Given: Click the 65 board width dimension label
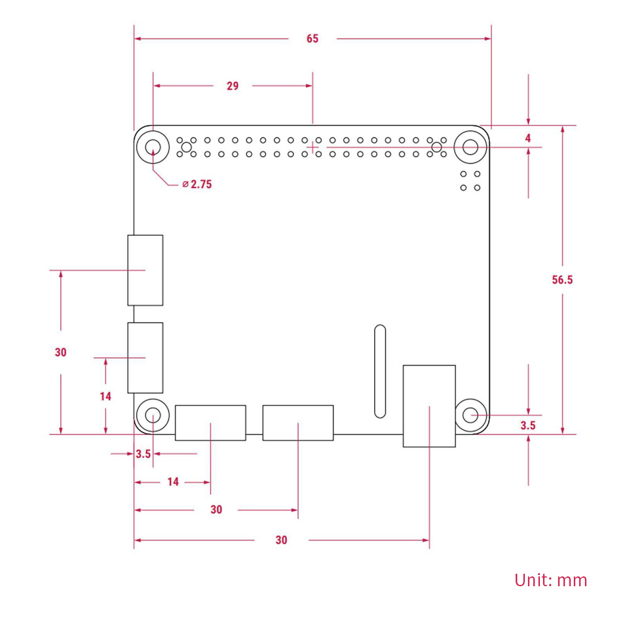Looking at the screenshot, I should click(313, 39).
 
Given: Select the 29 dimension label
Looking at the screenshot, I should click(233, 86).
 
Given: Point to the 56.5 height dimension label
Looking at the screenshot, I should click(562, 280).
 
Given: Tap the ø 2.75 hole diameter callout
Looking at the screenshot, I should click(197, 185).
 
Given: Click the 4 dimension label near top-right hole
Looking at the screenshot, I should click(528, 138).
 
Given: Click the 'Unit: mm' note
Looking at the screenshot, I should click(550, 580).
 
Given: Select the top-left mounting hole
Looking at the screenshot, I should click(153, 147).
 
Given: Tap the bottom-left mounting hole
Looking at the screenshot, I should click(153, 415).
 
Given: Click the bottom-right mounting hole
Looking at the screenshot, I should click(470, 415).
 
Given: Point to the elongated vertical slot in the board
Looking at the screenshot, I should click(379, 371).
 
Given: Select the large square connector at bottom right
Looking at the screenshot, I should click(429, 406).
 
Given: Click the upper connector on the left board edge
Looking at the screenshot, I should click(145, 270).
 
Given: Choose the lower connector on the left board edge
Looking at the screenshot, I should click(145, 358).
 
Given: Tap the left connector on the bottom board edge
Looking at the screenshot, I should click(210, 422).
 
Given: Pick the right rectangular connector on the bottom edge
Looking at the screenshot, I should click(298, 422).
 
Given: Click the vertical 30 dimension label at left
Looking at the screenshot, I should click(61, 352).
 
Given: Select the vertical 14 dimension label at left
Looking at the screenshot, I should click(105, 396).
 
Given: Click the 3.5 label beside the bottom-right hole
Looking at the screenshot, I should click(528, 425).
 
